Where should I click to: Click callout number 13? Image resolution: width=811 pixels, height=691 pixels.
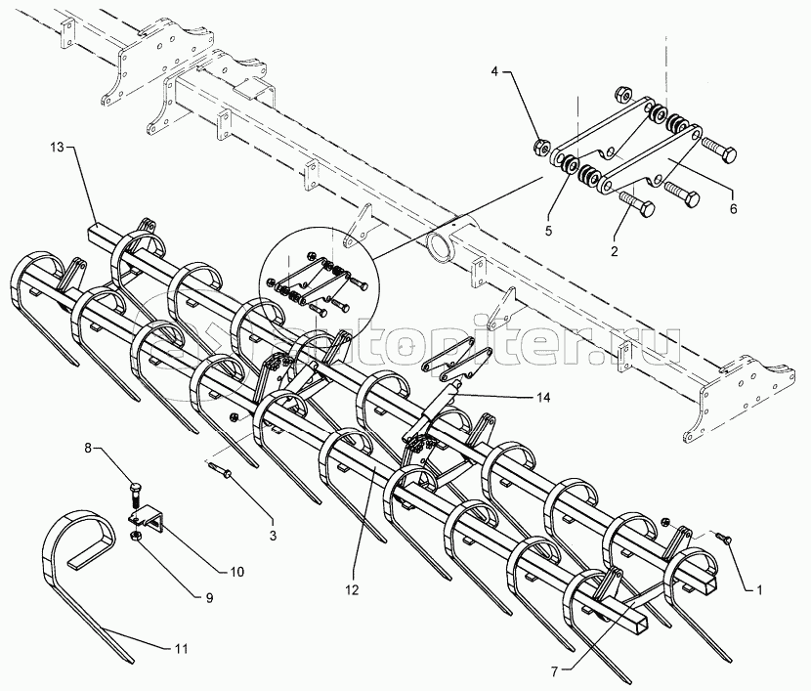[57, 148]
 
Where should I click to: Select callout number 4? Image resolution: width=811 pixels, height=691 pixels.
[494, 72]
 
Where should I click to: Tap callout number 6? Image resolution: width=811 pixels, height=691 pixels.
[733, 209]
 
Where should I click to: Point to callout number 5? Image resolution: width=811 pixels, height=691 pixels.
[548, 231]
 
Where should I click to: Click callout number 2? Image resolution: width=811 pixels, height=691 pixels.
[614, 251]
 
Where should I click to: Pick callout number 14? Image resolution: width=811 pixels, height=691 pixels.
[543, 397]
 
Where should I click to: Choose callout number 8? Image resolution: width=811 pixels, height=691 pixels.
[87, 448]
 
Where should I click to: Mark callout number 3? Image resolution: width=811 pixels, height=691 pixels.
[273, 536]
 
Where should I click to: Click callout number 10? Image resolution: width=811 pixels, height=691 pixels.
[237, 572]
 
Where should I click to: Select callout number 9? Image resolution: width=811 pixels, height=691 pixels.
[209, 598]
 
